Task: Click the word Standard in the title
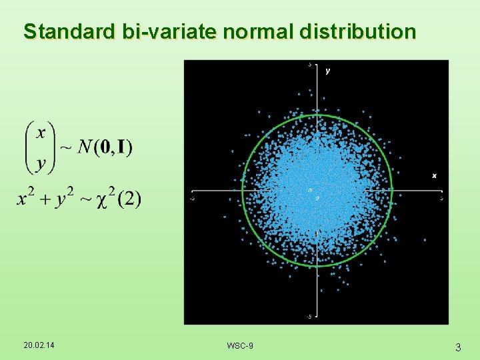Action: [62, 31]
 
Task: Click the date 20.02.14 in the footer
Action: [39, 345]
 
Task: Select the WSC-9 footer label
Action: [240, 345]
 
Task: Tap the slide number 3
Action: [458, 347]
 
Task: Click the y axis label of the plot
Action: [327, 71]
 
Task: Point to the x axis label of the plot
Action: [434, 175]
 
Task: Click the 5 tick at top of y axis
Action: [310, 65]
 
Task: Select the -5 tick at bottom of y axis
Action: [308, 317]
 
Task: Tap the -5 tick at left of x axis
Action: [192, 198]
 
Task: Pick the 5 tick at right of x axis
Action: [442, 198]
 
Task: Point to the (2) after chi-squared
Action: [130, 199]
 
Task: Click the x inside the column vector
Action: [41, 132]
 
